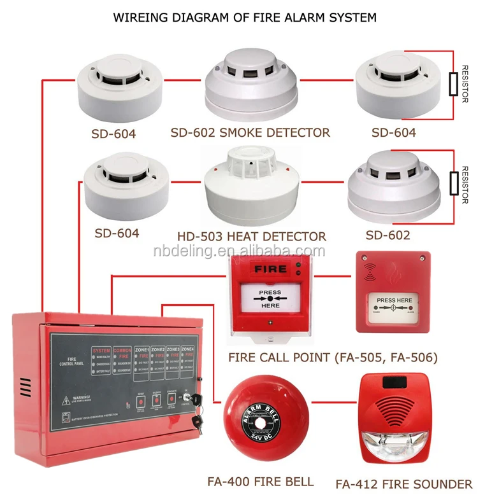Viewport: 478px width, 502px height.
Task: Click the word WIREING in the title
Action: point(143,17)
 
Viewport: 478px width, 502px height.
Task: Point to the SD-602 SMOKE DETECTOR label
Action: point(250,133)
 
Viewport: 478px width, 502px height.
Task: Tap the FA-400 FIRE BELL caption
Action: point(261,481)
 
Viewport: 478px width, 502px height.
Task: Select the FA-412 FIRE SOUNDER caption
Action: point(404,484)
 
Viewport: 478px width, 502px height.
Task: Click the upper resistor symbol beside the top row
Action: point(453,83)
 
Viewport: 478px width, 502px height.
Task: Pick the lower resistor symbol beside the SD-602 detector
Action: point(454,183)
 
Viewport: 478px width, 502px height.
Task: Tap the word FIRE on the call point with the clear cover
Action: point(270,270)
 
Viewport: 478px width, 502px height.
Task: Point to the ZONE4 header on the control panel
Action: point(187,350)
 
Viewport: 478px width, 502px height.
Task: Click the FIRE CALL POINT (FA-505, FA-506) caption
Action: point(333,358)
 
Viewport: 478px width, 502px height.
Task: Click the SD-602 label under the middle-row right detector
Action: point(387,235)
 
